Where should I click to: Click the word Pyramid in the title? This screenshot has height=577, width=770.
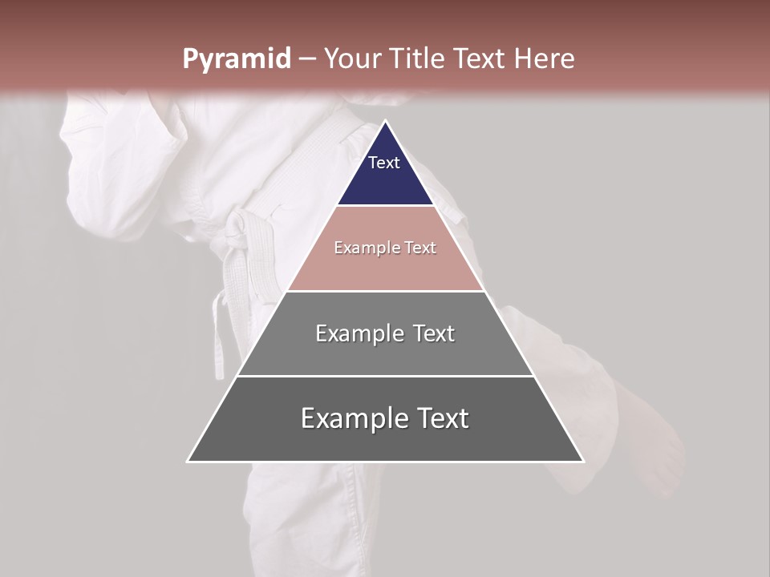click(x=236, y=59)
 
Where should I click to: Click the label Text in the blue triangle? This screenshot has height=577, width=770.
click(x=384, y=163)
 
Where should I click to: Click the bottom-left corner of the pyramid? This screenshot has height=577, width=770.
click(x=188, y=461)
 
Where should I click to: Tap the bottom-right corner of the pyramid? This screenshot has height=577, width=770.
click(x=583, y=461)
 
